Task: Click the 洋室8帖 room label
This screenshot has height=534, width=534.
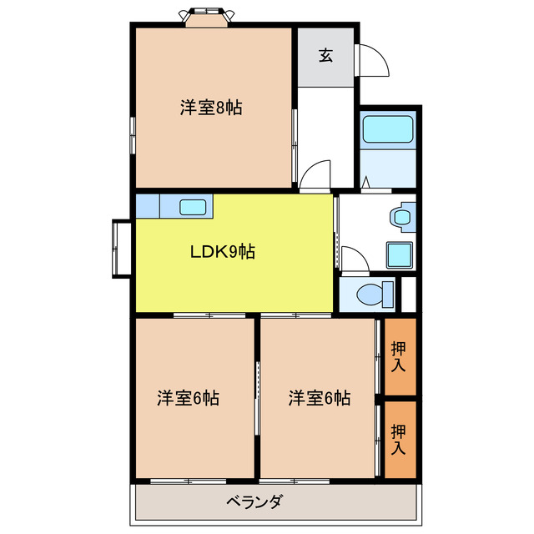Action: tap(211, 108)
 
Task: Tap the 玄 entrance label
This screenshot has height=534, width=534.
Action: tap(325, 56)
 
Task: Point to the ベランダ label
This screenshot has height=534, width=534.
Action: tap(254, 501)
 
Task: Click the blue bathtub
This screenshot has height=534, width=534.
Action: tap(388, 130)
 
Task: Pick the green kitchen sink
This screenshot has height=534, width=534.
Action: tap(195, 206)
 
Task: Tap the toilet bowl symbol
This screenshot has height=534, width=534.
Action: tap(373, 294)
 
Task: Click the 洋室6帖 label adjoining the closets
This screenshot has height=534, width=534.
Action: tap(320, 398)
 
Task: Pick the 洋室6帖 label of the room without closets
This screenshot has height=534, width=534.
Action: tap(188, 398)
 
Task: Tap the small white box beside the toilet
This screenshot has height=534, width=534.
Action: tap(409, 292)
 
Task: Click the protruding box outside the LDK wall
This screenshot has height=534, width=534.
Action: tap(120, 248)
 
